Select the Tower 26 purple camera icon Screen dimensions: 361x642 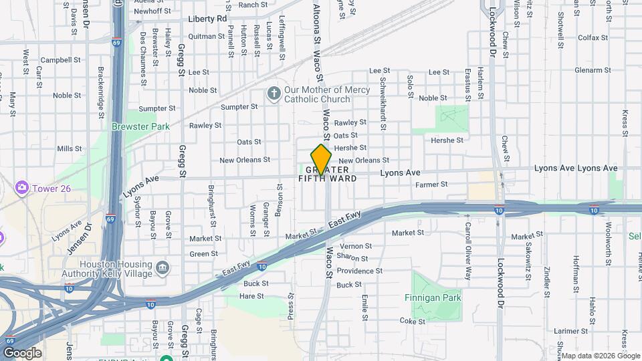[23, 188]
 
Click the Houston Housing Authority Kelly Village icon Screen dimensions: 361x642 [163, 269]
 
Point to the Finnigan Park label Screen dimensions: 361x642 [433, 297]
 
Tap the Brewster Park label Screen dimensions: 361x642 [140, 126]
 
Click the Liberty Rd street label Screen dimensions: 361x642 [207, 19]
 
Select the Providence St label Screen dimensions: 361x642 [359, 271]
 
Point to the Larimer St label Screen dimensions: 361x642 [570, 330]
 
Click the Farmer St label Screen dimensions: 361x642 [431, 184]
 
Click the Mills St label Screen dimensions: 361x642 [69, 148]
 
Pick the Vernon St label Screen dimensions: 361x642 [356, 246]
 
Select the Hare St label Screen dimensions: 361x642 [251, 295]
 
